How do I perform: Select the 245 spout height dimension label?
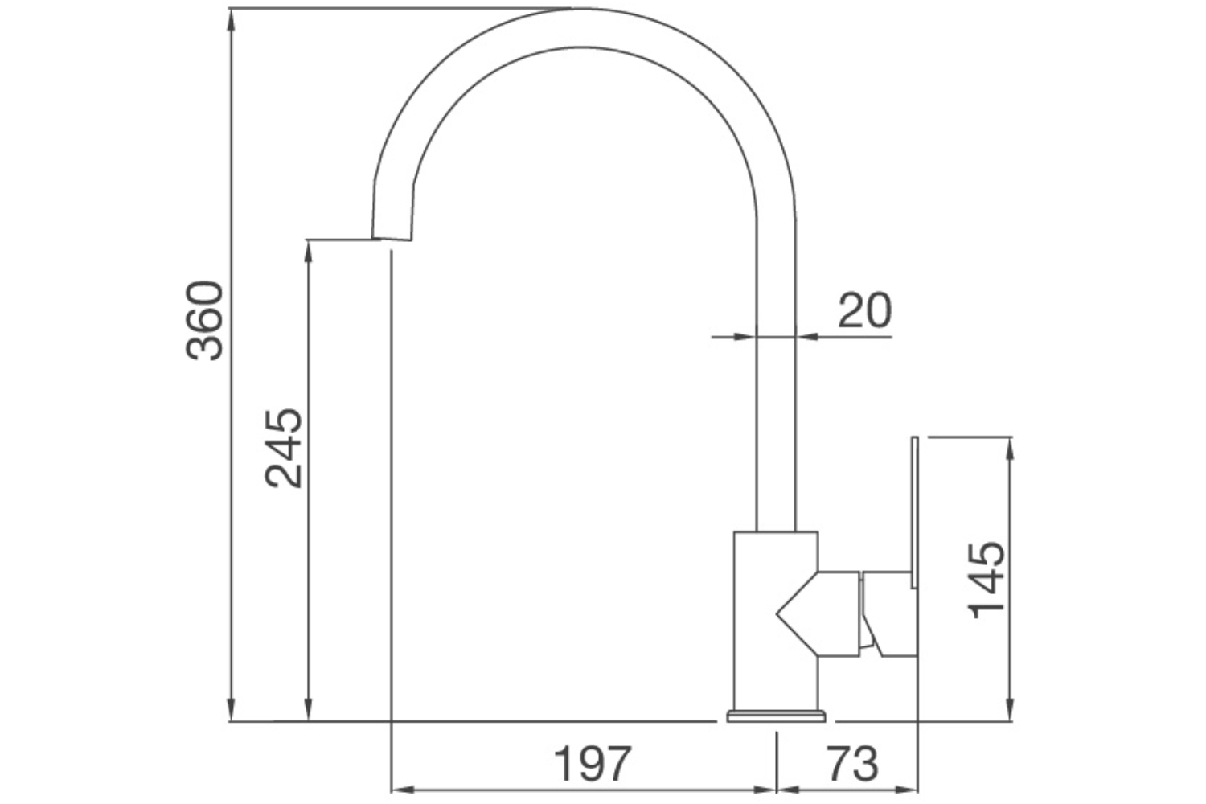tap(284, 449)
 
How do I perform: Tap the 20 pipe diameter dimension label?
tap(864, 310)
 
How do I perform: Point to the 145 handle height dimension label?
tap(987, 580)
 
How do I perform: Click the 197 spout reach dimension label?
tap(593, 763)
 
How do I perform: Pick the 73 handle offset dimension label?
tap(851, 763)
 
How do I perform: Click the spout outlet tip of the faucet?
tap(392, 237)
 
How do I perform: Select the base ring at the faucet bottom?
tap(776, 716)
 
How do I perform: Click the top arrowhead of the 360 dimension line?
tap(231, 18)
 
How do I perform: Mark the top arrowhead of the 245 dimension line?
tap(307, 249)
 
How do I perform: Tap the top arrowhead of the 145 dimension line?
tap(1010, 447)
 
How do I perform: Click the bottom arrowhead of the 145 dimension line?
tap(1010, 711)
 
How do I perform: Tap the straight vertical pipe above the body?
tap(776, 402)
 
